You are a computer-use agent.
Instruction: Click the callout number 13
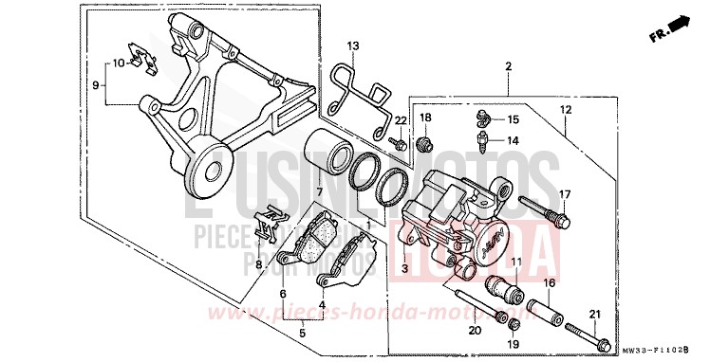click(x=353, y=45)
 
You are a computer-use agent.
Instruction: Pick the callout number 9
click(x=95, y=85)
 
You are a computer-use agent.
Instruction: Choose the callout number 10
click(x=118, y=63)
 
